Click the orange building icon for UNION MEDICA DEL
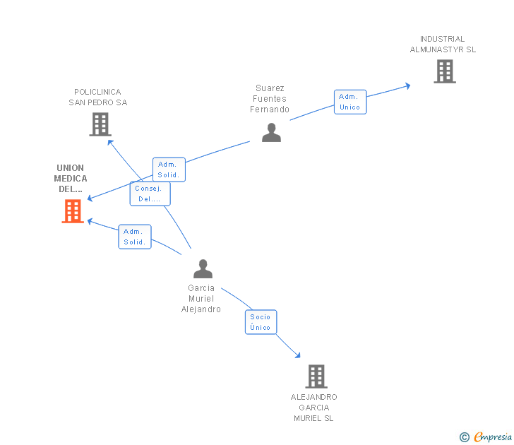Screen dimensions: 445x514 coord(73,211)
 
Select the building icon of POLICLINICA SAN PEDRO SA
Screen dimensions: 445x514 coord(100,124)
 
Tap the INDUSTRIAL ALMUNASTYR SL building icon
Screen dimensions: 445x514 coord(444,71)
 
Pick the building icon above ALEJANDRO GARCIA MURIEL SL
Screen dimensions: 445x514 coord(316,376)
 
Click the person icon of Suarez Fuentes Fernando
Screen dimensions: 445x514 coord(271,132)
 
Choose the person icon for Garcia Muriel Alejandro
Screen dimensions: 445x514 coord(203,269)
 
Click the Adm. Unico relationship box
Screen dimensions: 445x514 coord(349,102)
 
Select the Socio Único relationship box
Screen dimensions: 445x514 coord(261,322)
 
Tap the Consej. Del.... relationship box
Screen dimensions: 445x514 coord(150,194)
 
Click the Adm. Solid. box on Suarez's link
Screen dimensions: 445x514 coord(169,170)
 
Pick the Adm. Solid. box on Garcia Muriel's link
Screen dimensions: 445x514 coord(134,237)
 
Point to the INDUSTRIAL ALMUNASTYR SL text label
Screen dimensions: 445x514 coord(443,44)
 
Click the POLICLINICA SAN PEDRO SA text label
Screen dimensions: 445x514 coord(98,97)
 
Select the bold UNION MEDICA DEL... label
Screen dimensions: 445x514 coord(71,179)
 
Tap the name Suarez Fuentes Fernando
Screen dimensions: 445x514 coord(270,99)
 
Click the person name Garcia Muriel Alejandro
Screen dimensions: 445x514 coord(201,299)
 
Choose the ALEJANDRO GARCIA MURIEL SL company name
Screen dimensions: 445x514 coord(314,408)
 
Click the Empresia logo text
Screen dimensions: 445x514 coord(492,437)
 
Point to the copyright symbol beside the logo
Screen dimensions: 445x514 coord(464,437)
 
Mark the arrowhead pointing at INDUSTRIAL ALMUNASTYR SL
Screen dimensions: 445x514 coord(407,86)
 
